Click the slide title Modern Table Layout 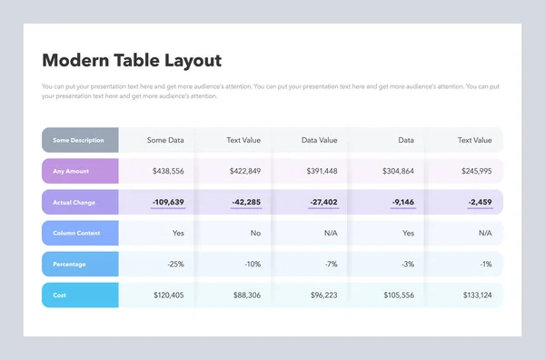[x=132, y=61]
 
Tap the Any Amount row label [x=72, y=171]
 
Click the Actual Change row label [x=74, y=202]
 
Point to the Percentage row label [x=71, y=265]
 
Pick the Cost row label [x=60, y=295]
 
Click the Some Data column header [x=165, y=140]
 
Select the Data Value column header [x=319, y=140]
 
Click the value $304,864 [x=396, y=171]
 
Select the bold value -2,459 [x=479, y=202]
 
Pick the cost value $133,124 [x=473, y=295]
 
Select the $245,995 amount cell [x=473, y=171]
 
